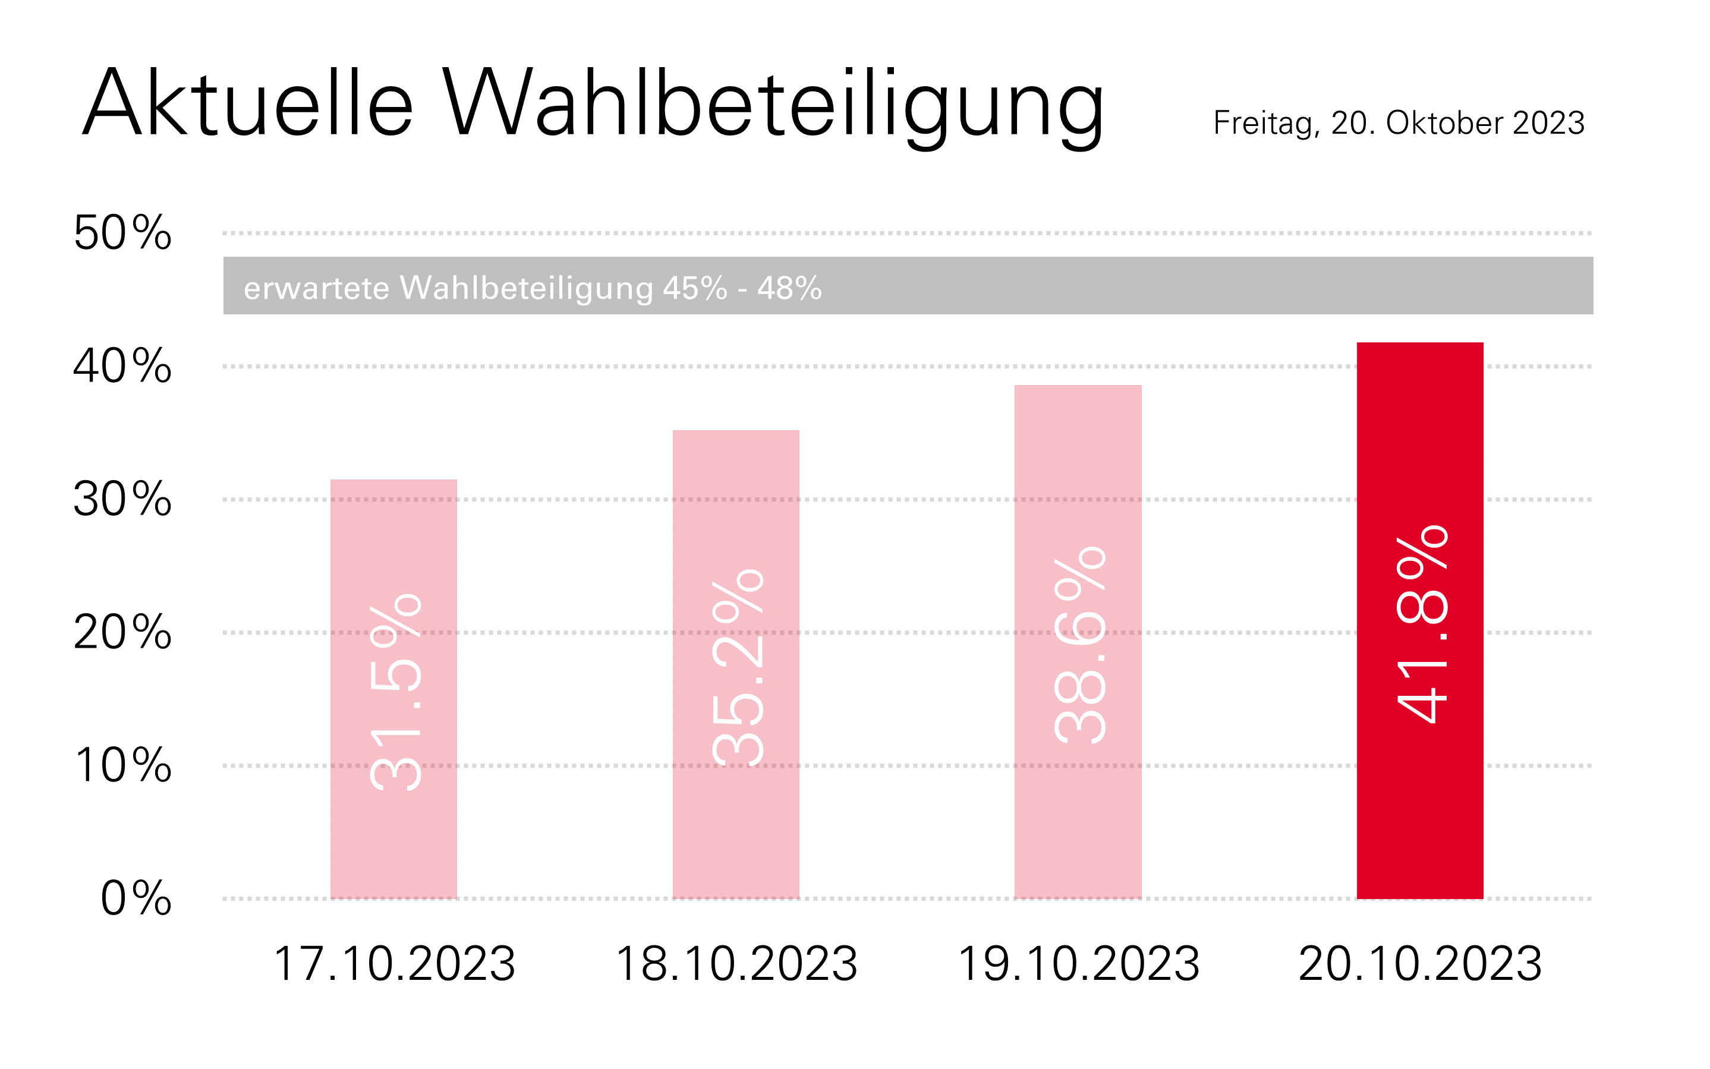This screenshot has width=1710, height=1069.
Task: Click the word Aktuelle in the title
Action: (247, 103)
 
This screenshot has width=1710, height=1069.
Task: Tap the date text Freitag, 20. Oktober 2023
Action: (1398, 124)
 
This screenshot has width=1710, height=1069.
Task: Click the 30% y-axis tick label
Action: (122, 499)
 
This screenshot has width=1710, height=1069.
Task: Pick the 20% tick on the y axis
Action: (122, 632)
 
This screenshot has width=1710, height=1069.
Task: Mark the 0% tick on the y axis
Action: (136, 898)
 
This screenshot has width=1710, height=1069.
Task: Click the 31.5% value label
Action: (395, 692)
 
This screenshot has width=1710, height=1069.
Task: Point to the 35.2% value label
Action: (738, 667)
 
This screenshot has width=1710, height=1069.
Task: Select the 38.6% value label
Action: (1079, 645)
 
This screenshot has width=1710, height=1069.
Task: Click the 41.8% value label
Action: (1422, 625)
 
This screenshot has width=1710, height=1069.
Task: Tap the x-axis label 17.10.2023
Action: (394, 964)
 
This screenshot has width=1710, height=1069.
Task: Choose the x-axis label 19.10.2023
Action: (1078, 964)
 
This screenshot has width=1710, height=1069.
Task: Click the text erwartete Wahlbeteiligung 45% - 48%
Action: (533, 288)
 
